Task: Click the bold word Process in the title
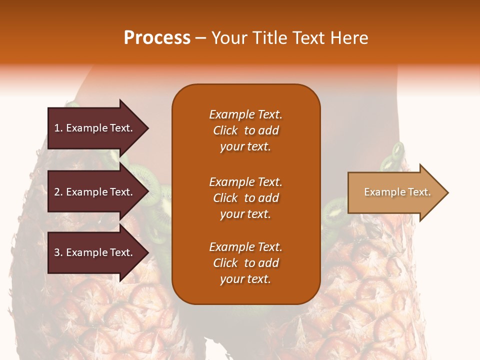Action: point(157,38)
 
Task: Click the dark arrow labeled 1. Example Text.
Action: point(98,128)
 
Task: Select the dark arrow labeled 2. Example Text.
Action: point(98,191)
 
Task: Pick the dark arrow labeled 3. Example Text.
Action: point(98,252)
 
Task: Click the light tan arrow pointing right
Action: point(398,192)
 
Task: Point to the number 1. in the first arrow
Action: point(58,128)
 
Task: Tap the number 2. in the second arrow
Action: point(58,192)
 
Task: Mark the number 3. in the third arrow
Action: point(58,252)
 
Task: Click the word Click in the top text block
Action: point(225,130)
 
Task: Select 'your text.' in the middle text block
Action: point(245,214)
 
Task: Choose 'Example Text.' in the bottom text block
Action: point(246,246)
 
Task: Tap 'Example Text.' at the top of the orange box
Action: point(246,114)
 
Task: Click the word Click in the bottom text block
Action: point(225,262)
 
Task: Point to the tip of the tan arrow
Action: point(448,192)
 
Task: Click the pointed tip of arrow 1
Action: point(148,128)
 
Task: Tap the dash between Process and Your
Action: point(201,38)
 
